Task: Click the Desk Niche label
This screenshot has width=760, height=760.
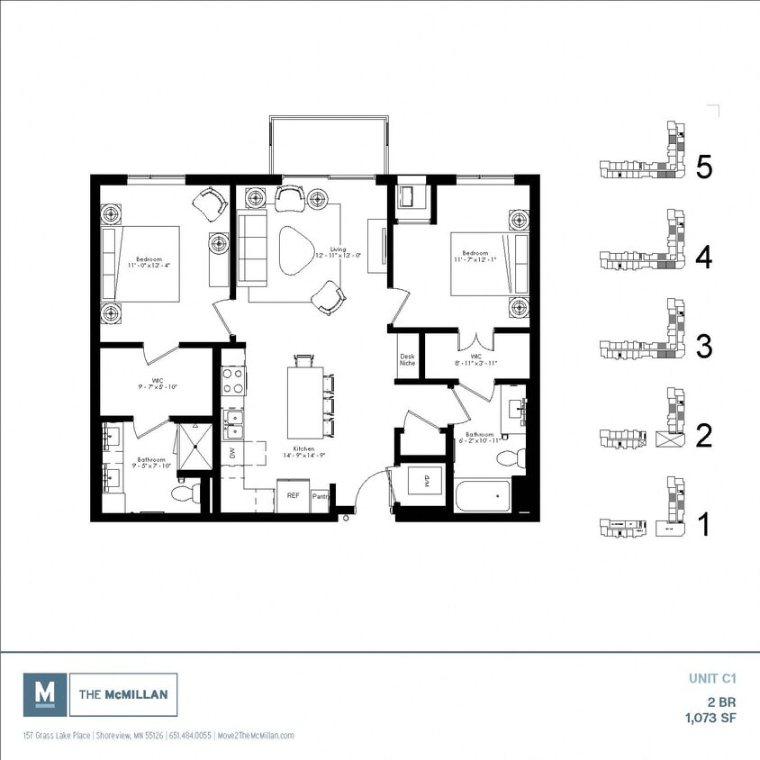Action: click(407, 360)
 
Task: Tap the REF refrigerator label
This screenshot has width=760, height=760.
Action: click(293, 495)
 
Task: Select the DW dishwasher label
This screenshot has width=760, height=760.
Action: click(231, 454)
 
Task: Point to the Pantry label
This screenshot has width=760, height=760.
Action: click(321, 496)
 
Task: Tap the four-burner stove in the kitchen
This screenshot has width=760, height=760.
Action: click(234, 382)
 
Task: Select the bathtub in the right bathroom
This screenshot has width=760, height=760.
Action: click(483, 496)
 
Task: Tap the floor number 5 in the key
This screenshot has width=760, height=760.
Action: click(704, 167)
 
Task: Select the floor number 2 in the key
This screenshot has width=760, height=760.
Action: click(704, 436)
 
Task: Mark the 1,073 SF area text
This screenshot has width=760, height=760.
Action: click(710, 718)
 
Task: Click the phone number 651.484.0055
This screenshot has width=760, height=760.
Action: click(189, 736)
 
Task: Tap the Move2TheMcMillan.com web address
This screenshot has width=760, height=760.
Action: click(256, 736)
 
